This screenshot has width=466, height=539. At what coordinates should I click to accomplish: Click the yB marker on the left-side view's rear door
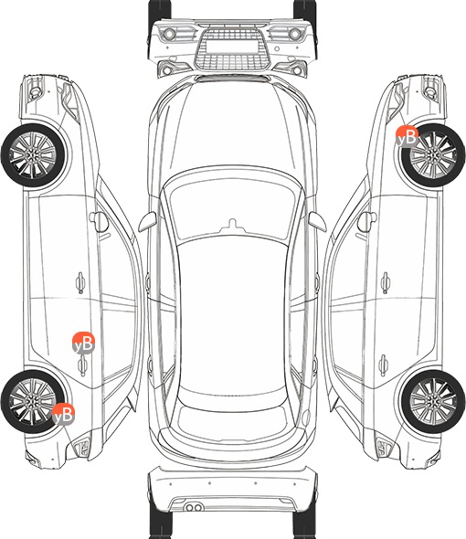83,343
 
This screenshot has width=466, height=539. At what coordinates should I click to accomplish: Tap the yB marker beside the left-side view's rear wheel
64,414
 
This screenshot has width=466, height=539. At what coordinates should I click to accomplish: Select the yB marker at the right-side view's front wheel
407,136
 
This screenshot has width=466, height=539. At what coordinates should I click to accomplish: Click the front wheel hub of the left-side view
33,155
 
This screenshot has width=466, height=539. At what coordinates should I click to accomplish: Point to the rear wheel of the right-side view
432,401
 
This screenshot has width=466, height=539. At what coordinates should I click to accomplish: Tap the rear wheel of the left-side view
33,401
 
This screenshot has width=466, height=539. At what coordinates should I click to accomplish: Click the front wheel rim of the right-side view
433,155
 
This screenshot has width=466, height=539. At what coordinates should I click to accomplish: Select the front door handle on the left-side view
80,283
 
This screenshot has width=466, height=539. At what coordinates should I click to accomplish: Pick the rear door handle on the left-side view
82,365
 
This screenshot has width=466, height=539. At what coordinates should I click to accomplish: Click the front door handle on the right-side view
386,283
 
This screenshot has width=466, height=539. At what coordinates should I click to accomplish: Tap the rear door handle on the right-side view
384,365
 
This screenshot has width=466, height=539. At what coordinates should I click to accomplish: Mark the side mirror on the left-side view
99,222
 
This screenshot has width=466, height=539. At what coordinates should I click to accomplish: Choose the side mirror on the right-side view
367,222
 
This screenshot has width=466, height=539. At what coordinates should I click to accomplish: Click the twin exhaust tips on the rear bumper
194,507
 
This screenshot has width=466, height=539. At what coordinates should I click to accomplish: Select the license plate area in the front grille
232,47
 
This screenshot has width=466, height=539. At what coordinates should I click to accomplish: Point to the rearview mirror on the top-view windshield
233,225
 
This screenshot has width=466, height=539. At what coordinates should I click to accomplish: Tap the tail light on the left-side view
82,448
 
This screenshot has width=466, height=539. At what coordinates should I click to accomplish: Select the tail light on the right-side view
384,448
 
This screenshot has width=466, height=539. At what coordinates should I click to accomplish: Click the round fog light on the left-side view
35,91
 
